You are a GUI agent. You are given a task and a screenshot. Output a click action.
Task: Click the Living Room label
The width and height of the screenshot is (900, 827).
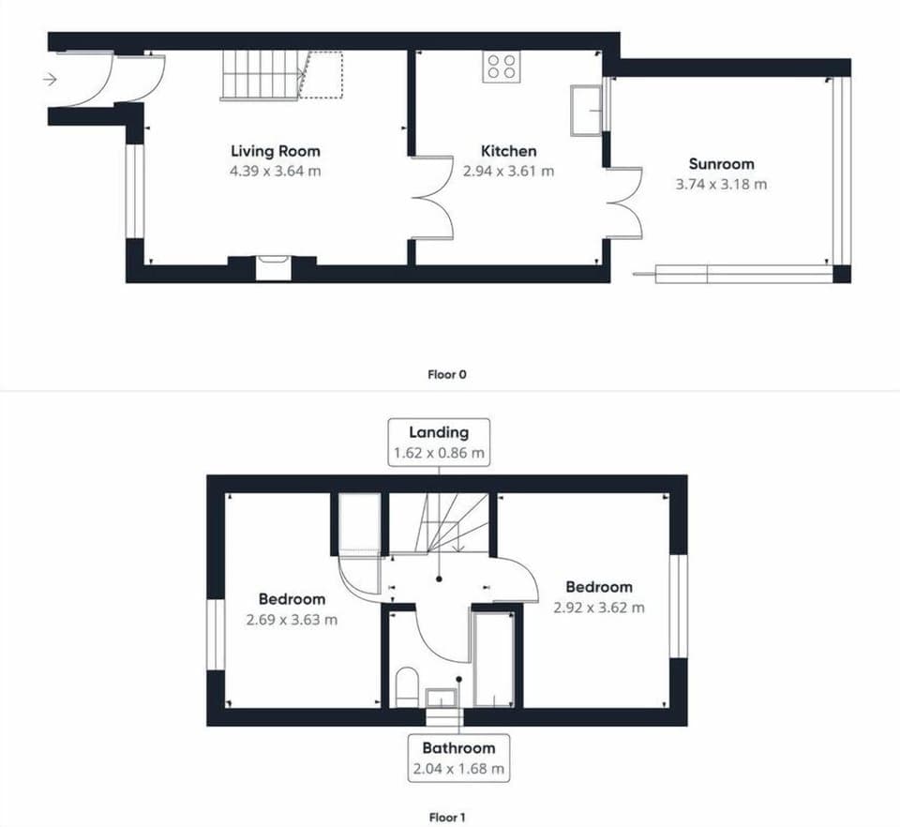point(276,151)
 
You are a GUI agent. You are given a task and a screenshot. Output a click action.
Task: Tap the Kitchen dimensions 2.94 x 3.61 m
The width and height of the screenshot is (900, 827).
point(508,171)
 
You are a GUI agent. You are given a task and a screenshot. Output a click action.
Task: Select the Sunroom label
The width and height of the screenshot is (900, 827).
point(722,164)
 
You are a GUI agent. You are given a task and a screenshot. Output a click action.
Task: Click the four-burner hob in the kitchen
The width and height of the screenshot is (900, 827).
point(502,67)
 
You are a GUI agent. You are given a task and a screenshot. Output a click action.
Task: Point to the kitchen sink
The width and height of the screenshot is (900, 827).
point(585,111)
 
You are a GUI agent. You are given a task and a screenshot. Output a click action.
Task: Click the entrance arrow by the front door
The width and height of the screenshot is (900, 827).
point(51,79)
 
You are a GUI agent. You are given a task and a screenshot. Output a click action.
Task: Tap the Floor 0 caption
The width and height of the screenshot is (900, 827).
point(447,375)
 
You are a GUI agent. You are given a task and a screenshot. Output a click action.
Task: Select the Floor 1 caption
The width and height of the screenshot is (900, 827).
point(447,818)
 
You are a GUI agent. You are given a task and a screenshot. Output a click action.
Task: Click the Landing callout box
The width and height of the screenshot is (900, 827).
point(439,442)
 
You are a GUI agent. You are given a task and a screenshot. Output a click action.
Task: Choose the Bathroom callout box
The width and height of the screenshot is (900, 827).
point(458,758)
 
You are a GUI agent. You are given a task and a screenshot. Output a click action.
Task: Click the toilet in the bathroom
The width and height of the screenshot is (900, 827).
point(407,686)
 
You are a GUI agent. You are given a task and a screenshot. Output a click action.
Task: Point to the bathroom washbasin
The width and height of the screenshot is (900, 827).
point(441,698)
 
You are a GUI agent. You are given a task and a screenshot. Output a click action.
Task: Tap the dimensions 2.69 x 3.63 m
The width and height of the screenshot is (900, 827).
point(292,620)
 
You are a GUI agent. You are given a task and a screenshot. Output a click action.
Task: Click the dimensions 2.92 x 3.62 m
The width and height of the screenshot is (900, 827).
point(599,608)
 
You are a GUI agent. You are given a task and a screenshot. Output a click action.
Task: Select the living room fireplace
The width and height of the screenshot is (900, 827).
point(273,268)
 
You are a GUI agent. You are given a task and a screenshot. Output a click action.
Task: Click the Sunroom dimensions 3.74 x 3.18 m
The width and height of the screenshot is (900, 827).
point(722,184)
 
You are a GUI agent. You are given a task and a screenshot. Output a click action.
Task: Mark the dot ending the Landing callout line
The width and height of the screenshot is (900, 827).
point(439,579)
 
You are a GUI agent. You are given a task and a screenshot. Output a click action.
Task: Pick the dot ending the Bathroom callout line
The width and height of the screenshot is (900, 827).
point(459,680)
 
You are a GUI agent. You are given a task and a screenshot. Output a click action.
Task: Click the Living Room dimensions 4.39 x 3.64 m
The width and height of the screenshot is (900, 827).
point(276,171)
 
